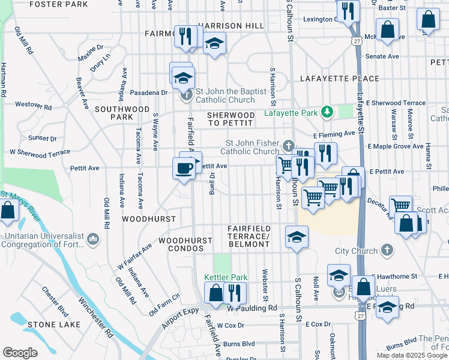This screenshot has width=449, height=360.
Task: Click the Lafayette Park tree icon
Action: pos(327,112)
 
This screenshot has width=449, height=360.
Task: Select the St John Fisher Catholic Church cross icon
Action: pos(289,145)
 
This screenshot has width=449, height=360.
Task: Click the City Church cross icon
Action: pos(388,250)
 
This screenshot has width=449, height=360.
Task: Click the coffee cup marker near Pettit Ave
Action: pos(184,167)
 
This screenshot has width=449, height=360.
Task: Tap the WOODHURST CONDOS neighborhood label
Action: pos(185,244)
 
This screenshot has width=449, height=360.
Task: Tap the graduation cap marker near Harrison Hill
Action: pos(214,44)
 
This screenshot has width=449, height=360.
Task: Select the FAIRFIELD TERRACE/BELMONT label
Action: pos(249,236)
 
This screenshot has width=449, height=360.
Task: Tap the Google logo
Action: pos(20,353)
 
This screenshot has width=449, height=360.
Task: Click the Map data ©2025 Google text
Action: pos(411,355)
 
